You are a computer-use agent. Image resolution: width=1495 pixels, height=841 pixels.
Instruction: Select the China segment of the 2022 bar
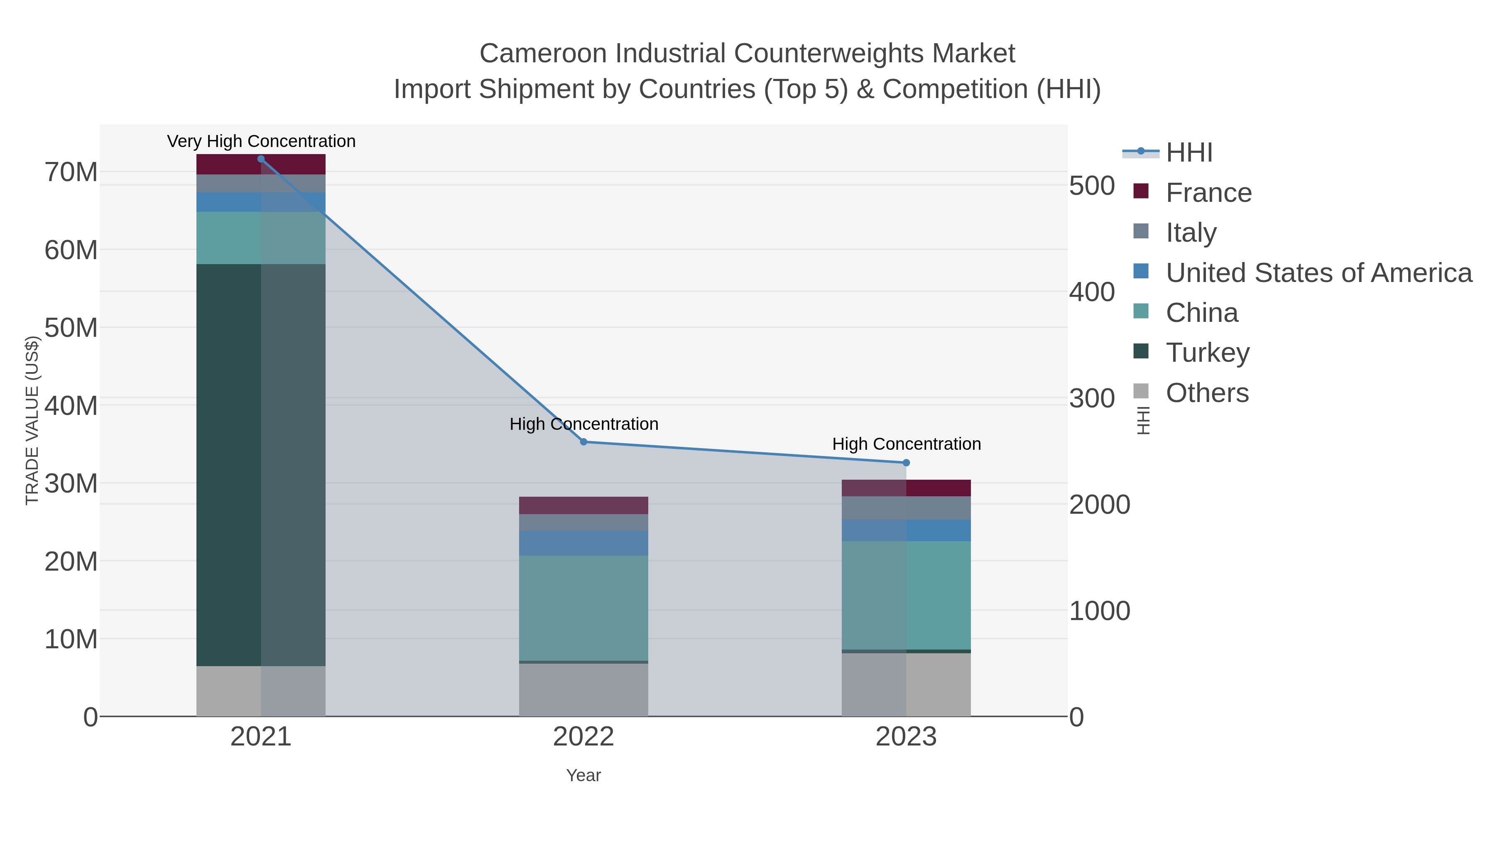583,608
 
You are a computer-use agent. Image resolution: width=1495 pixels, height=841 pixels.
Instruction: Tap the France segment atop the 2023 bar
906,488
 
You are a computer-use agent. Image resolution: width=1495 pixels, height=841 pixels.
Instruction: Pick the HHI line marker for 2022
584,442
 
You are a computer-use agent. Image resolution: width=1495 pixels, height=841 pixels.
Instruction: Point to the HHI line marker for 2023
907,463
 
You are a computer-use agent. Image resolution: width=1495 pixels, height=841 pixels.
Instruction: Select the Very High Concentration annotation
261,141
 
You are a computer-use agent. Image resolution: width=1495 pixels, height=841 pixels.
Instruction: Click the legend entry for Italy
1191,232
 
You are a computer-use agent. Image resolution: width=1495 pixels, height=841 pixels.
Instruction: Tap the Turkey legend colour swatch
1141,351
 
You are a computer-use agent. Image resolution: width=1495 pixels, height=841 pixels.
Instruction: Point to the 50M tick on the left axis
71,328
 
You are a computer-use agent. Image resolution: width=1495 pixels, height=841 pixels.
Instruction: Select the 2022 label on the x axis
583,737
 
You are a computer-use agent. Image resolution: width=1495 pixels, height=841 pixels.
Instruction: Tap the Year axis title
583,775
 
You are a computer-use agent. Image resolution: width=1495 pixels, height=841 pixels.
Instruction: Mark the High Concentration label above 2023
907,444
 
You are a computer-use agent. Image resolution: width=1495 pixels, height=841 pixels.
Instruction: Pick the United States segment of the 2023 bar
906,530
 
